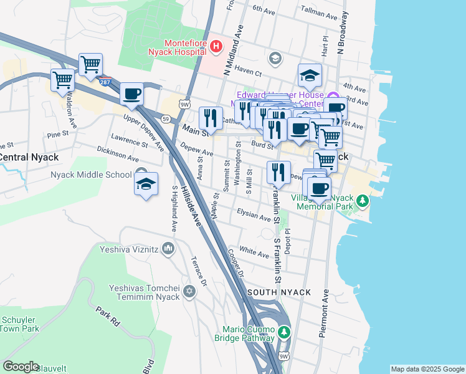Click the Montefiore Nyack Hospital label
tap(185, 47)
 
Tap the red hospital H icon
tap(216, 46)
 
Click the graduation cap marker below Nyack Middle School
tap(146, 185)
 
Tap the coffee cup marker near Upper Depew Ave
tap(131, 95)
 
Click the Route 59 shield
tap(165, 118)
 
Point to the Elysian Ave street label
tap(254, 215)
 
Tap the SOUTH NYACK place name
tap(274, 292)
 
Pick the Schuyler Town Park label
tap(20, 324)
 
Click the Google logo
tap(21, 367)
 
